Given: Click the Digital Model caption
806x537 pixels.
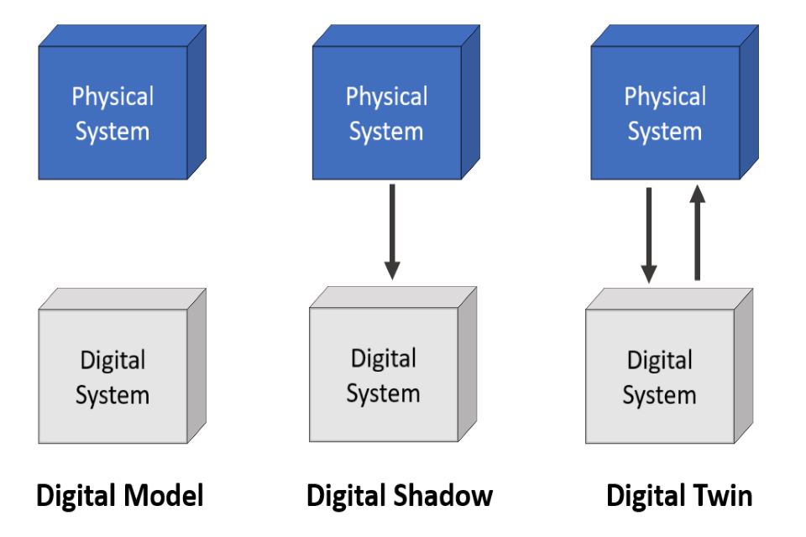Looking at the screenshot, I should (x=120, y=496).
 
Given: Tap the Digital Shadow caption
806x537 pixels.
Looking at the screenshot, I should (x=400, y=496).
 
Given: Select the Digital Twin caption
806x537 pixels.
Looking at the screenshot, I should (x=679, y=496).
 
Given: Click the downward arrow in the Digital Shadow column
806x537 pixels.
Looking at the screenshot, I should (x=391, y=232).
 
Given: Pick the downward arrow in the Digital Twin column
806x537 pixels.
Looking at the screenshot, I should (x=649, y=235).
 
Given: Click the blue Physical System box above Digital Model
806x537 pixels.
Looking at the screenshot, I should (x=113, y=113).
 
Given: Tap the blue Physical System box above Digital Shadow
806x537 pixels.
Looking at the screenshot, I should (x=386, y=113).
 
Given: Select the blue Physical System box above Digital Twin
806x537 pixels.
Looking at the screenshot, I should (x=664, y=113).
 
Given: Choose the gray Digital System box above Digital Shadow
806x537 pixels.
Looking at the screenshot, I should (x=384, y=375).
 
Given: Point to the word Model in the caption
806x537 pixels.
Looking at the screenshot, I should (x=165, y=496).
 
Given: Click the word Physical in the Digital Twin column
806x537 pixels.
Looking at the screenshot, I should (x=665, y=96).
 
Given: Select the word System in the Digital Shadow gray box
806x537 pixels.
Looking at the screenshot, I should (x=383, y=394).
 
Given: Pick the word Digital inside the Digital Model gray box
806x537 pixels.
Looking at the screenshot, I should (x=113, y=361).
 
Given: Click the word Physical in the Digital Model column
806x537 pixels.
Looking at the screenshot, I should (x=113, y=96).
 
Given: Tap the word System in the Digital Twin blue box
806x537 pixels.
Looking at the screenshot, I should (x=664, y=132).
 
